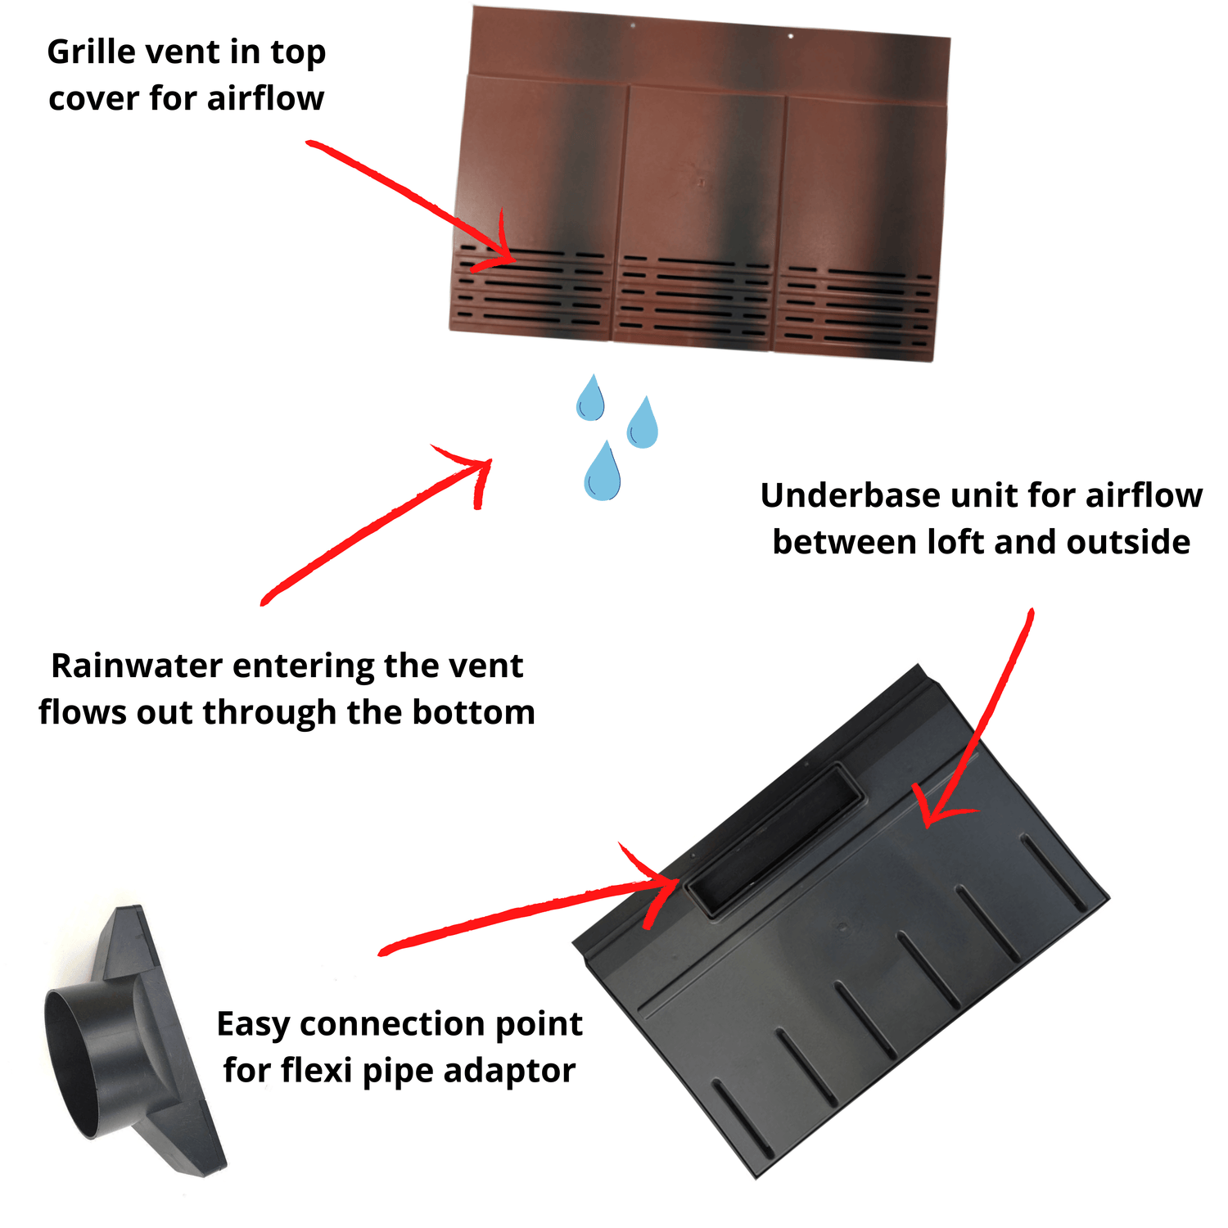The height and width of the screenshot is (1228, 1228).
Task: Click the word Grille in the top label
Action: pos(92,52)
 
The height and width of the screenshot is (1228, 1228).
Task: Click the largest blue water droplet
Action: pos(602,472)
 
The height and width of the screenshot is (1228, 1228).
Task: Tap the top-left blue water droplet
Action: pos(589,398)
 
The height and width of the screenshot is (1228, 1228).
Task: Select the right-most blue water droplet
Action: pos(642,422)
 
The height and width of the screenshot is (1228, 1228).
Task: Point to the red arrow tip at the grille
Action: pos(512,260)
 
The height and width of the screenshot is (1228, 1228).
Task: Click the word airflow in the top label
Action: pos(265,98)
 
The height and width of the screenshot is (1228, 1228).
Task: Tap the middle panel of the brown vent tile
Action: pos(696,213)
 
